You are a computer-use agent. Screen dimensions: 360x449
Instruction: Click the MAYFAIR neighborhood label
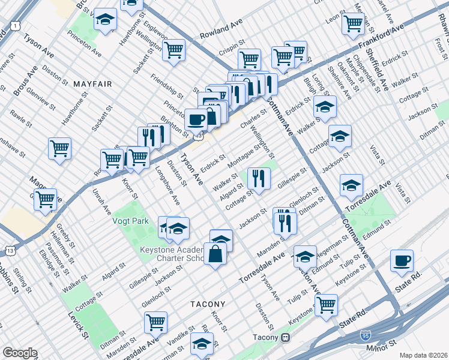click(x=92, y=84)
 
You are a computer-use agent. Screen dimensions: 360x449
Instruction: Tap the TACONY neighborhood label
click(x=208, y=304)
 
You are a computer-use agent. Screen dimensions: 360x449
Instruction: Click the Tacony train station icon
click(x=286, y=337)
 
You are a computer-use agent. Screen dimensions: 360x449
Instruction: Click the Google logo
click(x=20, y=353)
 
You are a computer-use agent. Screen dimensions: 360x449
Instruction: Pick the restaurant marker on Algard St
click(x=259, y=178)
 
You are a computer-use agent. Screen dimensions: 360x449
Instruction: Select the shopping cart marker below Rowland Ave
click(x=173, y=50)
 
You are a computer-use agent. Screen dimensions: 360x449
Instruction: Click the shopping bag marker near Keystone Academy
click(x=215, y=254)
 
